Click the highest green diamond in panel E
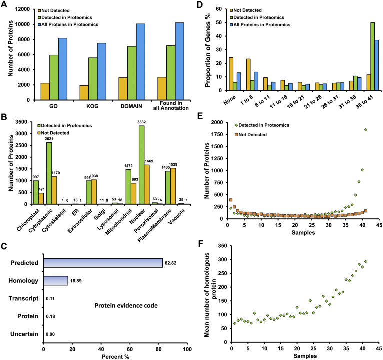366,130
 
